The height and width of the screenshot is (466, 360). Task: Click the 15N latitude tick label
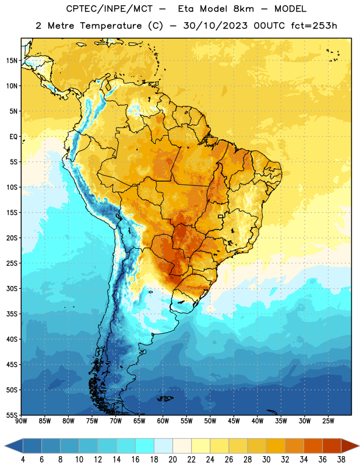pos(12,61)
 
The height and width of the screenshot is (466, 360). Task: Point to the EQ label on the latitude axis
pos(13,137)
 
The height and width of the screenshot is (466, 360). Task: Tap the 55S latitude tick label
pos(12,415)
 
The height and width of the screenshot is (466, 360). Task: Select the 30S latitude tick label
pos(12,288)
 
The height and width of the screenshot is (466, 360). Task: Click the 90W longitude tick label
pos(21,421)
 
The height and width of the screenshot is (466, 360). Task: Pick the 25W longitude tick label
pos(328,421)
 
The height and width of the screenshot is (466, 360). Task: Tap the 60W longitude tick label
pos(163,421)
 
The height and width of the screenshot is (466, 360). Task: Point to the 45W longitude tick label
pos(234,421)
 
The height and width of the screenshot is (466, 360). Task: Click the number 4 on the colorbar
pos(23,460)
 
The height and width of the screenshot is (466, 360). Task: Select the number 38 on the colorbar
pos(341,460)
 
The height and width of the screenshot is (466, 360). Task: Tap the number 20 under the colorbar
pos(172,460)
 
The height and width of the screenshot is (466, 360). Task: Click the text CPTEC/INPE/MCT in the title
pos(109,9)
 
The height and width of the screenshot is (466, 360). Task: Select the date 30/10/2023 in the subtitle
pos(215,26)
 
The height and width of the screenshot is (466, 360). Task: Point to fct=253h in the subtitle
pos(314,26)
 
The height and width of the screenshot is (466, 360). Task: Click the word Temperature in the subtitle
pos(111,26)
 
